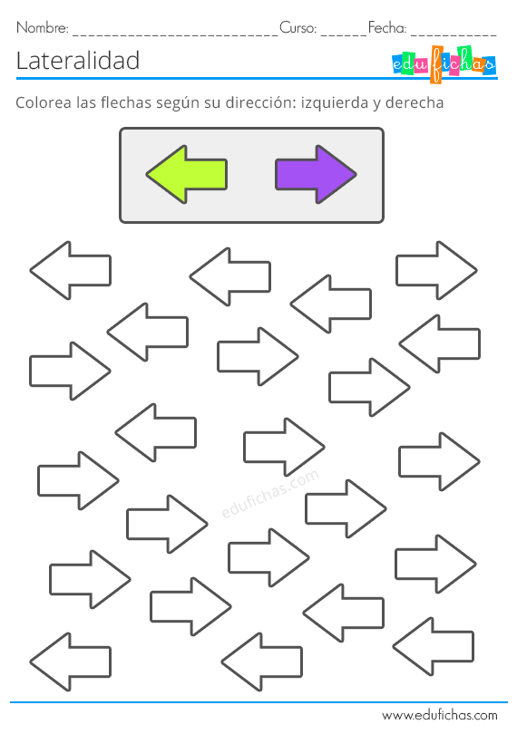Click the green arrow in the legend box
[x=187, y=174]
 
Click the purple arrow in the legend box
[x=316, y=174]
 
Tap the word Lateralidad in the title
[x=78, y=61]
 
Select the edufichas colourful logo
[x=444, y=64]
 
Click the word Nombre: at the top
[x=43, y=27]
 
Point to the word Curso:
[x=298, y=27]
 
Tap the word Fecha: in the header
[x=387, y=27]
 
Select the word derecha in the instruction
[x=415, y=102]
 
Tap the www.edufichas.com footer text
[x=440, y=715]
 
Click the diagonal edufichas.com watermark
[x=270, y=493]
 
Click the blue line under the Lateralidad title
[x=257, y=78]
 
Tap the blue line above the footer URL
[x=258, y=702]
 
